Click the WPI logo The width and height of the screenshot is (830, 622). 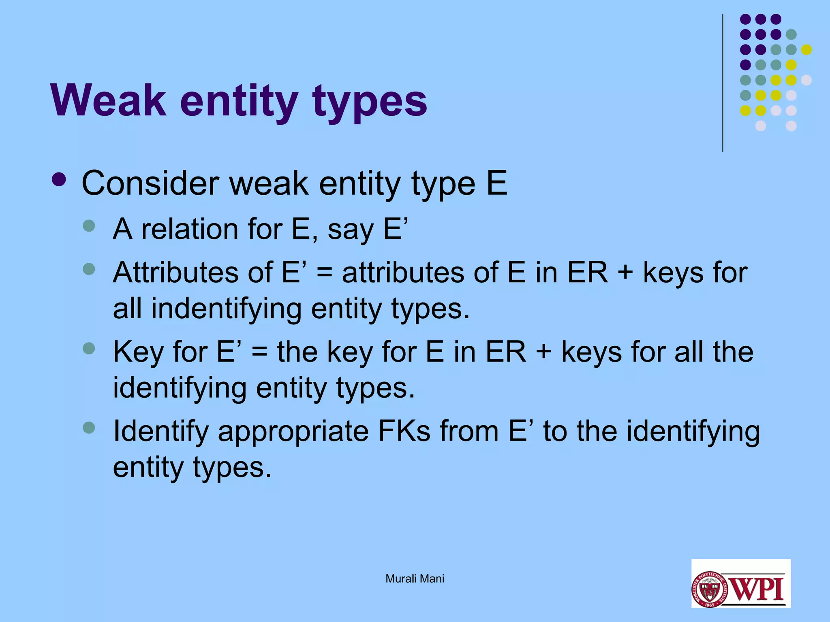point(741,583)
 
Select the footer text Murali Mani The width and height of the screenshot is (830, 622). point(415,579)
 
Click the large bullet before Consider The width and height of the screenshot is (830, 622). point(59,180)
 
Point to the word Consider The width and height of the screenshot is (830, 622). point(150,183)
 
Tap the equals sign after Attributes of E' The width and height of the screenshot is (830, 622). point(324,273)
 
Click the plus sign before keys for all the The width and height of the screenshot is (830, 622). point(544,352)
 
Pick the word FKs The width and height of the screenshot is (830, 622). point(404,431)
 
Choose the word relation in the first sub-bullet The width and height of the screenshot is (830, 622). point(190,229)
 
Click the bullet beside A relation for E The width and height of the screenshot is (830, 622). point(89,226)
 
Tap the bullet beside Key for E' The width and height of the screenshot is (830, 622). point(89,348)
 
